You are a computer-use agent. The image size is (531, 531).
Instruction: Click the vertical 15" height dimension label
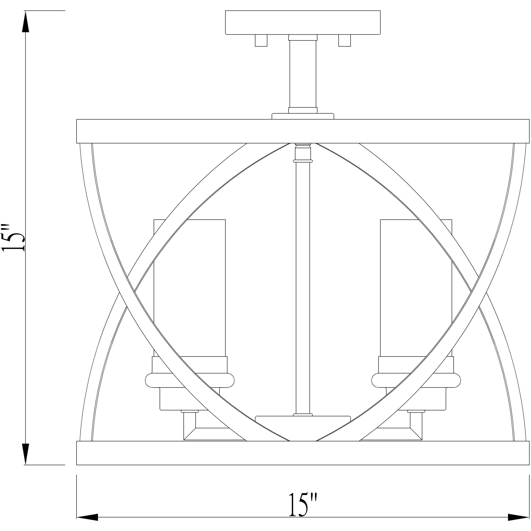tap(14, 238)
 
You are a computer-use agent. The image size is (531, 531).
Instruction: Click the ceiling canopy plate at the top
tap(303, 23)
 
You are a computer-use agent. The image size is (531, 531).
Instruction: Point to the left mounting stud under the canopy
tap(261, 41)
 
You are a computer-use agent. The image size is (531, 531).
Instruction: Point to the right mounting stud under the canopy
tap(344, 41)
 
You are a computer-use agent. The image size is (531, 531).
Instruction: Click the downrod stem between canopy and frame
tap(303, 74)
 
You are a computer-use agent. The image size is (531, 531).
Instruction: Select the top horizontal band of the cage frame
tap(303, 131)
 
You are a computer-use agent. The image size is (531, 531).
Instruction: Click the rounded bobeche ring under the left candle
tap(190, 381)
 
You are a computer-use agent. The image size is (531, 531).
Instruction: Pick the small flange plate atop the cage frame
tap(303, 116)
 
